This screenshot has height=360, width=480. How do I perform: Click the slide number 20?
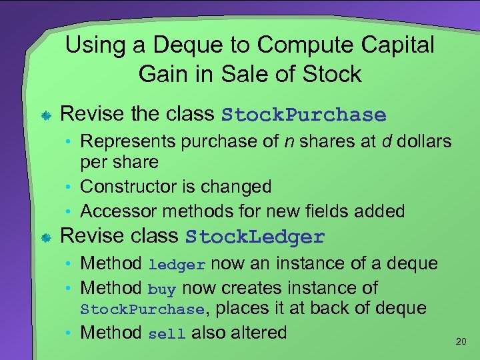[x=460, y=341]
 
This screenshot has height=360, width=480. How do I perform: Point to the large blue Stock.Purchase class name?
[x=304, y=115]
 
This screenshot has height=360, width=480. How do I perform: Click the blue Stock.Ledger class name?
[x=255, y=237]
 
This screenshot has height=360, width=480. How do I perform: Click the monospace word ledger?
[x=177, y=265]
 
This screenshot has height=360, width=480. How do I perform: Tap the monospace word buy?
[x=161, y=289]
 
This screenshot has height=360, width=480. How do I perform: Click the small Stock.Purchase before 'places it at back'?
[x=142, y=309]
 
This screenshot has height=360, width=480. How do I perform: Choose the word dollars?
[x=423, y=142]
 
